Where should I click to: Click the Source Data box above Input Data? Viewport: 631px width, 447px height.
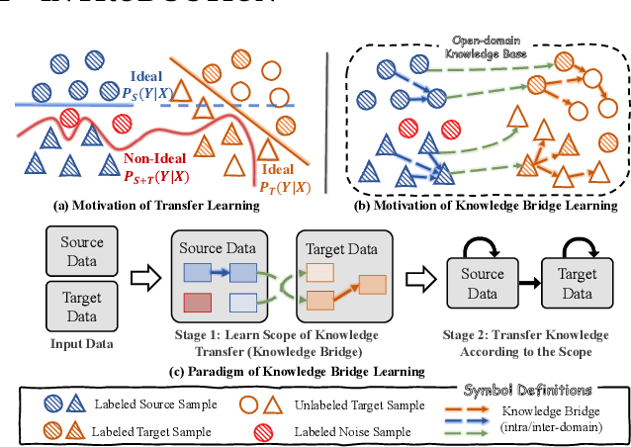click(x=75, y=250)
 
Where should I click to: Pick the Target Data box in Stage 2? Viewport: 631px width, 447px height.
click(x=580, y=286)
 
